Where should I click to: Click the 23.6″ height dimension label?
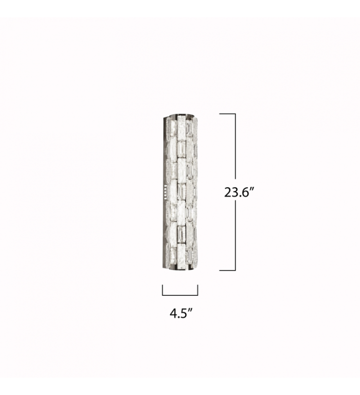tap(238, 193)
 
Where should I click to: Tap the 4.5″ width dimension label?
tap(181, 314)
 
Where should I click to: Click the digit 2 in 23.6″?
tap(227, 193)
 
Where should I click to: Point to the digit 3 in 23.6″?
tap(234, 193)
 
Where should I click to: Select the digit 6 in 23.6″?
tap(244, 193)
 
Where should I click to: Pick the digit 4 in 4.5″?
tap(173, 314)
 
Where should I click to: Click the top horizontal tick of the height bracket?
tap(227, 114)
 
